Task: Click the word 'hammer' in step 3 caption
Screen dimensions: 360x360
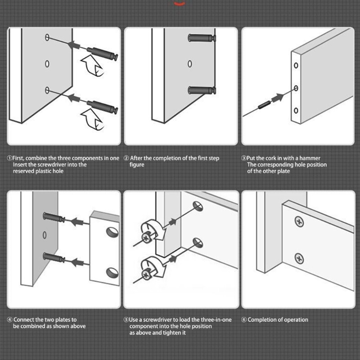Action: point(310,158)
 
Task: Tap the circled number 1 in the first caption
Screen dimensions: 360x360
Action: point(9,158)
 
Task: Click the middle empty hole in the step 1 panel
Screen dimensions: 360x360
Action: point(47,63)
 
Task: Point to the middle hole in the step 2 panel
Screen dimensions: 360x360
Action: point(190,63)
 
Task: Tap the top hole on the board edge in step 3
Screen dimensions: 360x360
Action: point(296,65)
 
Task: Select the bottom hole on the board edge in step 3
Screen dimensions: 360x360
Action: point(296,111)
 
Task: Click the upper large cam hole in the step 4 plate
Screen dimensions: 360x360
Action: point(112,232)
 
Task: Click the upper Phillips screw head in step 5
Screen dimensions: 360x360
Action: point(146,238)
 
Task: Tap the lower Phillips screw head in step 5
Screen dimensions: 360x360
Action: point(146,274)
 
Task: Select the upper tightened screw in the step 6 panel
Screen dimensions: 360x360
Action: point(299,222)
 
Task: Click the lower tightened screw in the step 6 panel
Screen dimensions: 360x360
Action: point(299,259)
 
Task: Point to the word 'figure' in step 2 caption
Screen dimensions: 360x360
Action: point(137,165)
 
